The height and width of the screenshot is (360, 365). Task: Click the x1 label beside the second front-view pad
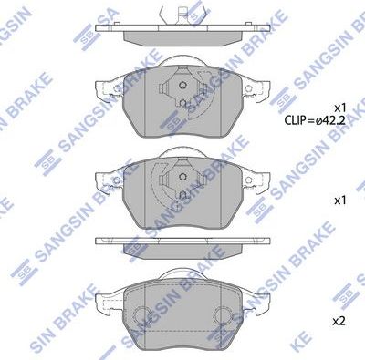[x=339, y=198]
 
